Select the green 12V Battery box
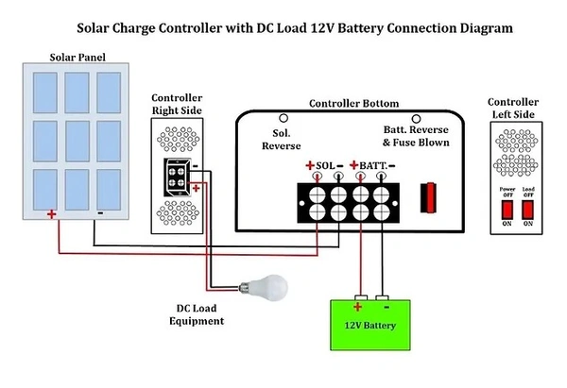371,326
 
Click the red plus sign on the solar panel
52,214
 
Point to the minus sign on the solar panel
99,213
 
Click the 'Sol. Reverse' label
281,140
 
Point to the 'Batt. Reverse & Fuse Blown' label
416,136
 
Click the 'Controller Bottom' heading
353,103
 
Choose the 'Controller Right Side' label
178,104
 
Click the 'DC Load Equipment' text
199,315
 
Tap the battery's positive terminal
358,301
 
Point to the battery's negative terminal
383,301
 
